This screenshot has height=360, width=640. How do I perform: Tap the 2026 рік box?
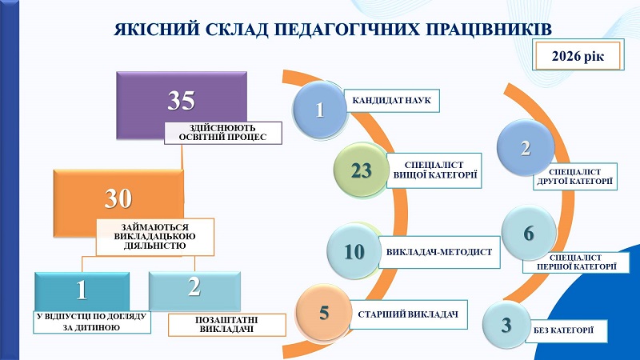(582, 56)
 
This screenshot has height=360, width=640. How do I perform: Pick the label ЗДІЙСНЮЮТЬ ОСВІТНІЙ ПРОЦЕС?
(224, 132)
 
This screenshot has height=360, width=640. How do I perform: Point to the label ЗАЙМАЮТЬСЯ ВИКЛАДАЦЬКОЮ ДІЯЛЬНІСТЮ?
(155, 236)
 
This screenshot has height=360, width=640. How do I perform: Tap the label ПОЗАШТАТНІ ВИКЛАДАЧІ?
(225, 323)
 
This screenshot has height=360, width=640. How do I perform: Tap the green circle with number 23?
(362, 170)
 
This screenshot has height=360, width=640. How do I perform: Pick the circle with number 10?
(354, 251)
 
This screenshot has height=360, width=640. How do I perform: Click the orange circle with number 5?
(324, 312)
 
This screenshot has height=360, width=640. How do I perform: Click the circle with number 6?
(528, 234)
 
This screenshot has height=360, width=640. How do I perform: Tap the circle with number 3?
(506, 325)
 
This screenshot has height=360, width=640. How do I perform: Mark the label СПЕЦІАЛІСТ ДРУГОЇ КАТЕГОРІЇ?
(577, 177)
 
